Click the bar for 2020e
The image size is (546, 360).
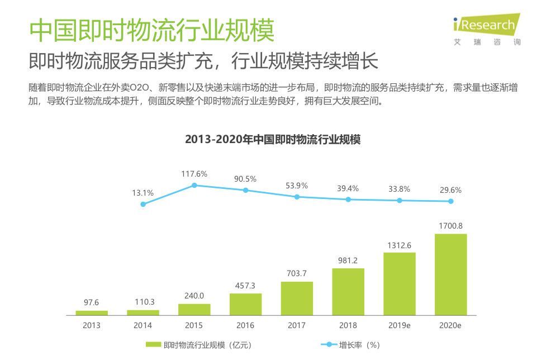pos(450,274)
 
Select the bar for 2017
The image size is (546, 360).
pos(297,299)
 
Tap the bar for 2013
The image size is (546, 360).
pos(92,313)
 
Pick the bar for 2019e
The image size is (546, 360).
pos(399,284)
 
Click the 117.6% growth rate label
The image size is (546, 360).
pos(194,174)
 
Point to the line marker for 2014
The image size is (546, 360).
pos(143,205)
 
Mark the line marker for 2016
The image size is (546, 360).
pos(245,191)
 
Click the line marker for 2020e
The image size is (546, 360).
pos(450,201)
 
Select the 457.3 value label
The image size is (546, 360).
pos(245,286)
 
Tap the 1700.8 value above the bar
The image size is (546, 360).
pos(450,226)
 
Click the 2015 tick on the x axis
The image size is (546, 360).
pos(194,325)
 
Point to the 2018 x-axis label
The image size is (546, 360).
pos(348,325)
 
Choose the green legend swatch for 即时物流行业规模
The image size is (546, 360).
pos(153,345)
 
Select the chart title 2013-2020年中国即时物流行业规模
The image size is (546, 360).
pos(273,140)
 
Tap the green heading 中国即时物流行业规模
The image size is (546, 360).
pos(151,31)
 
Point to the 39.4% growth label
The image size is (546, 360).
pos(348,188)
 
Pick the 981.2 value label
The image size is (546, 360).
pos(348,260)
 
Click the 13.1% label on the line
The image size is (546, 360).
pos(143,193)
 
